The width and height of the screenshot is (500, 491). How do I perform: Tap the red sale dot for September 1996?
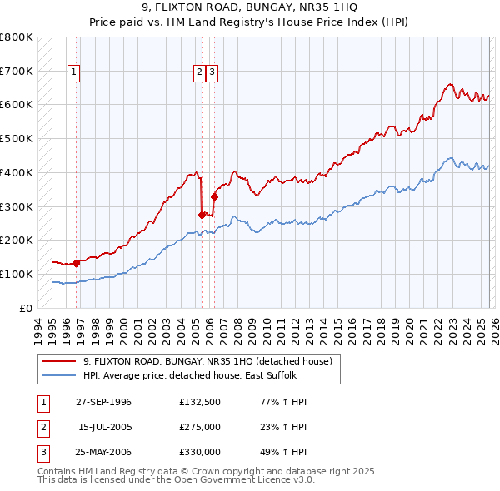pyautogui.click(x=76, y=263)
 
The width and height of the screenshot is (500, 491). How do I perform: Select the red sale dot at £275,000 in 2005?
pyautogui.click(x=202, y=215)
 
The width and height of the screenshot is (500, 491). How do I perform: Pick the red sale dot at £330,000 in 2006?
pyautogui.click(x=214, y=196)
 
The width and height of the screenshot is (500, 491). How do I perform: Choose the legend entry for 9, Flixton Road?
pyautogui.click(x=207, y=361)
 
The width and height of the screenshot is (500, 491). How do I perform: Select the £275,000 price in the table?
pyautogui.click(x=200, y=428)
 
